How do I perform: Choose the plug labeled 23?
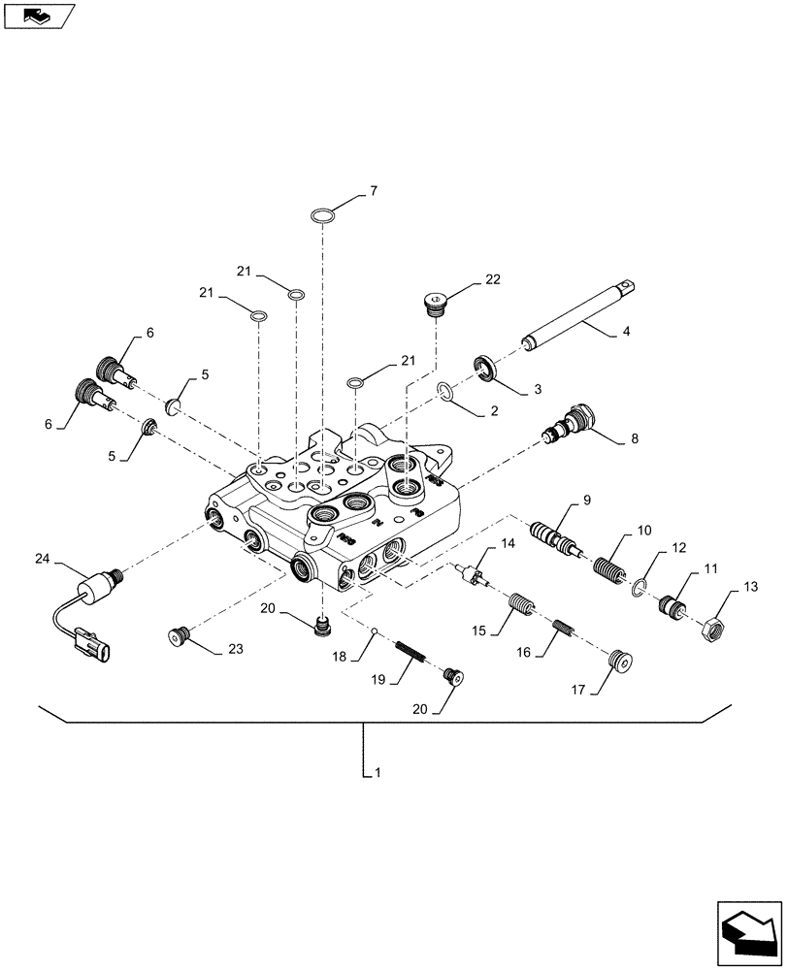[x=176, y=638]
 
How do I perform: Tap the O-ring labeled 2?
[x=444, y=391]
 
